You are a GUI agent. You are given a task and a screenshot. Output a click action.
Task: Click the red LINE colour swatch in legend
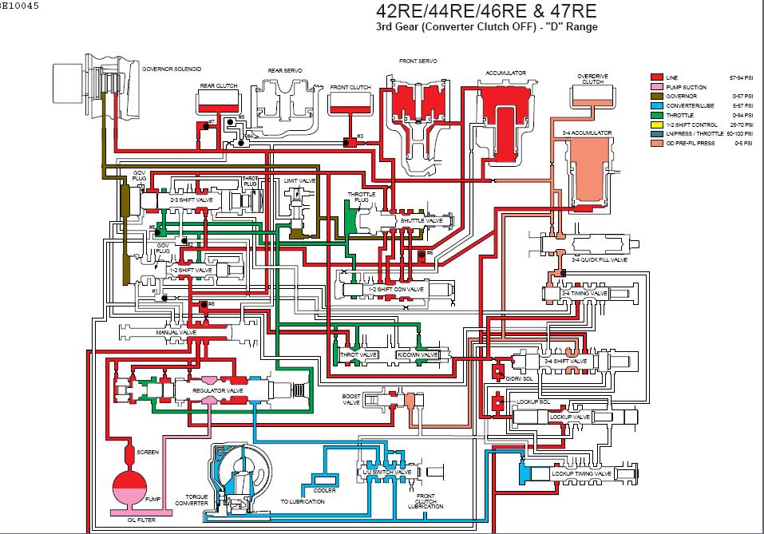(658, 77)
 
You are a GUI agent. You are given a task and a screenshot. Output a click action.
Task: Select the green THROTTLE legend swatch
(658, 115)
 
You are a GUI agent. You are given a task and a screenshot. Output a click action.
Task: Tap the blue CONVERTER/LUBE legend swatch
(658, 105)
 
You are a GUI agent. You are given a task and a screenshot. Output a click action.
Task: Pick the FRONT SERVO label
(415, 60)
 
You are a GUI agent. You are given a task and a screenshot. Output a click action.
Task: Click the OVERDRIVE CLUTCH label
(592, 78)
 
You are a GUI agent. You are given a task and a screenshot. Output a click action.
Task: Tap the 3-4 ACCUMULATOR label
(587, 133)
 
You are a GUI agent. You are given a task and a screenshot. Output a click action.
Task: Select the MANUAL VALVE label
(176, 331)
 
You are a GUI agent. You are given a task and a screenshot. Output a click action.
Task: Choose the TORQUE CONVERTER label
(196, 500)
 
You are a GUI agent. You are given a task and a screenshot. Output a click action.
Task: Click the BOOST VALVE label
(352, 400)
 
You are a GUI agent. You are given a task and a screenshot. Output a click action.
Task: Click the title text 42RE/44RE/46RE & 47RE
(485, 12)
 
